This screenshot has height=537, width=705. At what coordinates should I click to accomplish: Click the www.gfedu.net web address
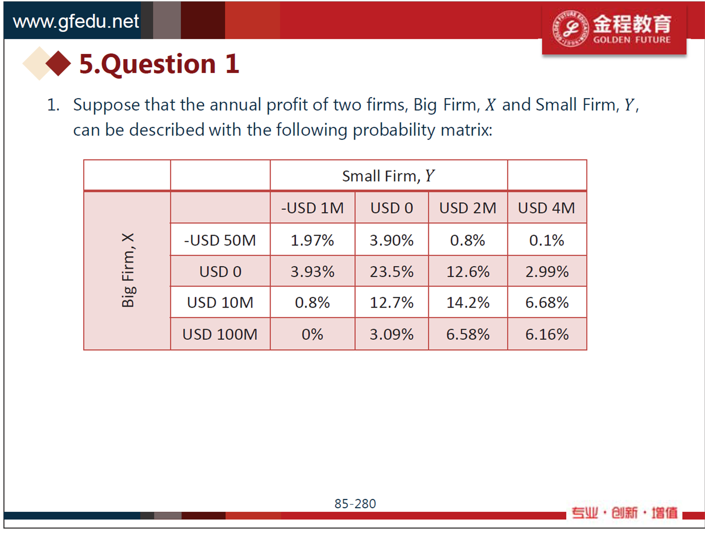click(x=76, y=22)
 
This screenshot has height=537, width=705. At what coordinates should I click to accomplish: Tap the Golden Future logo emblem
click(x=571, y=28)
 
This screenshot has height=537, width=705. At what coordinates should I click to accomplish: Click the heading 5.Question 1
click(x=159, y=64)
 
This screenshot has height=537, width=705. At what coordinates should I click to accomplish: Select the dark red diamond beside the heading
click(x=58, y=63)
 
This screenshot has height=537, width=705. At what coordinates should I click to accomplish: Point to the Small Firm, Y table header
click(x=388, y=176)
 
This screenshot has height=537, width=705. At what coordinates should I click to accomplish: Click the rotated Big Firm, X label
click(x=128, y=270)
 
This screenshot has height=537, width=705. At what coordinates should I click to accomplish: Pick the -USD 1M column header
click(x=312, y=208)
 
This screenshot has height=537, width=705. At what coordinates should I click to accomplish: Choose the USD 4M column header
click(x=546, y=208)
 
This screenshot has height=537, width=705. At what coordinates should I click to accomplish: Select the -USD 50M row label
click(x=220, y=240)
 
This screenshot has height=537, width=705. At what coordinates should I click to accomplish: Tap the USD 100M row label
click(x=220, y=334)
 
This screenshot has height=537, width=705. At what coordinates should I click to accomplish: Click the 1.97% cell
click(x=312, y=240)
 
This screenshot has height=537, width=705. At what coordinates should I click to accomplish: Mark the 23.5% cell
click(x=391, y=272)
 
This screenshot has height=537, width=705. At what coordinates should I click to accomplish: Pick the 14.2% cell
click(x=468, y=302)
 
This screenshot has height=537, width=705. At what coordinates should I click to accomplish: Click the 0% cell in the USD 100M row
click(x=312, y=334)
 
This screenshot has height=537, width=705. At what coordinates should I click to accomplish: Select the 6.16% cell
click(x=547, y=334)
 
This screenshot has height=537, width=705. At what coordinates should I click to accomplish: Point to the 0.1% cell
click(x=547, y=240)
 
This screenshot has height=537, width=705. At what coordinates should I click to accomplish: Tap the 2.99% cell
click(x=547, y=272)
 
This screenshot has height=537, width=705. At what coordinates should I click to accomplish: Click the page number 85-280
click(x=355, y=504)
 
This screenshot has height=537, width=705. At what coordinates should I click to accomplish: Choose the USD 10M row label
click(x=220, y=302)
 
